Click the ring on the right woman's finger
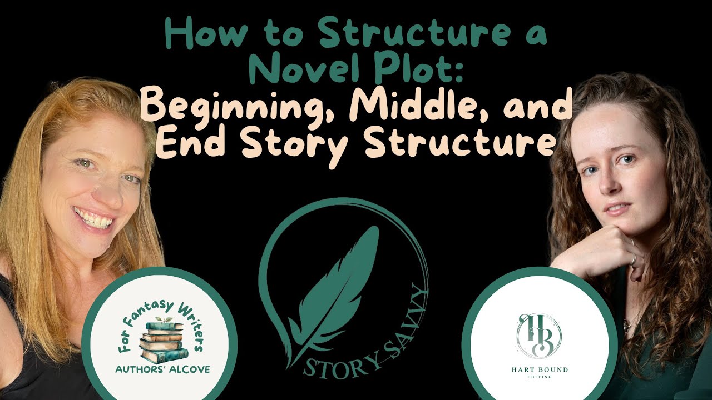[x=632, y=259]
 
